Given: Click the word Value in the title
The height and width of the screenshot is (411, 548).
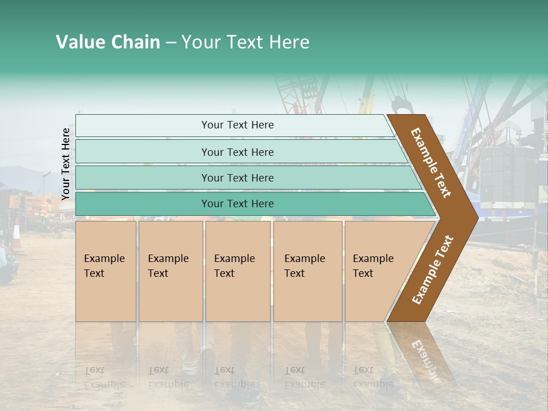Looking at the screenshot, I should tap(79, 42).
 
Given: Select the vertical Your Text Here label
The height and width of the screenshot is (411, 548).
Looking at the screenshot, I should tap(66, 164).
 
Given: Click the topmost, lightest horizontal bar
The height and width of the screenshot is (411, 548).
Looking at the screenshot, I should tap(237, 125).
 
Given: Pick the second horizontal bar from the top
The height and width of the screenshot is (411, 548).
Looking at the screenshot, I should tap(237, 152).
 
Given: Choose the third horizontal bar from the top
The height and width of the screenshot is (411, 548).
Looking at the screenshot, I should tap(237, 178).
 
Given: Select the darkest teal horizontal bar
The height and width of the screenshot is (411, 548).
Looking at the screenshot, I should tap(237, 204).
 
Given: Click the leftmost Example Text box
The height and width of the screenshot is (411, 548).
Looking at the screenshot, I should tap(106, 271).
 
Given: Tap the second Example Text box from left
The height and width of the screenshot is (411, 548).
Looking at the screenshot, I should tap(170, 271).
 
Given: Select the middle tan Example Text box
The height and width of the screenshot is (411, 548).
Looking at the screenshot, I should tap(237, 271).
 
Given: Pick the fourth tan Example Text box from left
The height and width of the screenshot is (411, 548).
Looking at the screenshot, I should tap(308, 271).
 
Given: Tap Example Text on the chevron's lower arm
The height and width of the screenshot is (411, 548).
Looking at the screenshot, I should tap(432, 270).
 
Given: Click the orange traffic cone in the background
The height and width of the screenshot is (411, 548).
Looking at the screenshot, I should tap(17, 235).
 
